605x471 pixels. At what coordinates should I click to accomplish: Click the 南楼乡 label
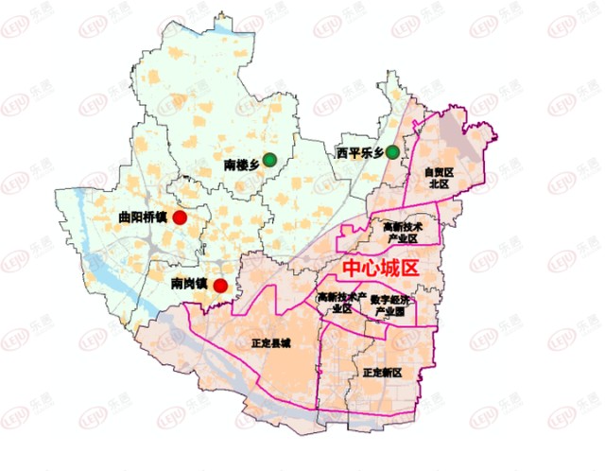click(241, 165)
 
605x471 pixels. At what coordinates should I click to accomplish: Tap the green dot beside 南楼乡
click(269, 160)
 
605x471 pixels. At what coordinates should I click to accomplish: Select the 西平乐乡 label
click(359, 152)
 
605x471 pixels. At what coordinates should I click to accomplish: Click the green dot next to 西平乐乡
click(391, 152)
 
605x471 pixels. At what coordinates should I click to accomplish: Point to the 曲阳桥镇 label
click(142, 218)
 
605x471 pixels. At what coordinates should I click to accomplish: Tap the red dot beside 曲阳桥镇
click(180, 218)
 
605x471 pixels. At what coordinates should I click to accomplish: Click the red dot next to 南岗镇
click(220, 286)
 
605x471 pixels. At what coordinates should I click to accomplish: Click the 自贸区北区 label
click(439, 179)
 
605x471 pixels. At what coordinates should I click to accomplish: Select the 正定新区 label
click(382, 373)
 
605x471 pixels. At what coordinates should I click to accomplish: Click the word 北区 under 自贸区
click(439, 184)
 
